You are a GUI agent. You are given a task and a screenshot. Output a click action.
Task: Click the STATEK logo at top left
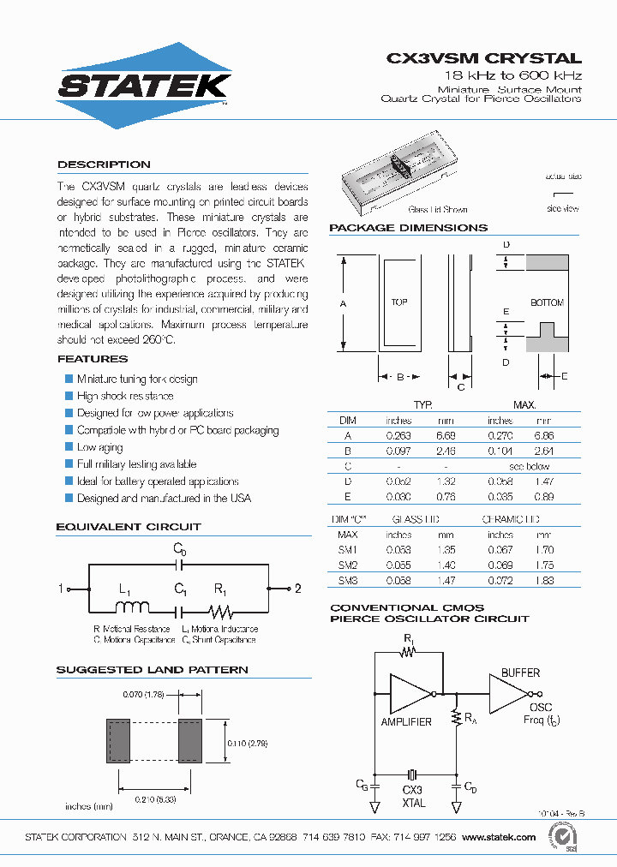coord(143,86)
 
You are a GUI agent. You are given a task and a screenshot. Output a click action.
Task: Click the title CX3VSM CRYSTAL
coord(484,59)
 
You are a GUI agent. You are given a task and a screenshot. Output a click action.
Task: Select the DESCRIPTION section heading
coord(104,164)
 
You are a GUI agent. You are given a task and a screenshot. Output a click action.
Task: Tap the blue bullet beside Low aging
coord(69,447)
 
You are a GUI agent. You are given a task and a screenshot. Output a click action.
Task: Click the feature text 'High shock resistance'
coord(125,396)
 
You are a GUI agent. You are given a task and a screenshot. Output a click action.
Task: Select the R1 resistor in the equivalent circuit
coord(222,611)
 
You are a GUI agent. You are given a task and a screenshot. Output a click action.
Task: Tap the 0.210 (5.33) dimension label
coord(157,798)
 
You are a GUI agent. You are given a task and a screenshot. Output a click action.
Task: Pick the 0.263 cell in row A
coord(399,435)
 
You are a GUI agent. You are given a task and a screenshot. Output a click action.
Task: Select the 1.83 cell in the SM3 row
coord(543,581)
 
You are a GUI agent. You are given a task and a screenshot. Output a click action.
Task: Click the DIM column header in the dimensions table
coord(347,421)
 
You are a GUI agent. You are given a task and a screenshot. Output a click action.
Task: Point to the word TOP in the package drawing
coord(399,302)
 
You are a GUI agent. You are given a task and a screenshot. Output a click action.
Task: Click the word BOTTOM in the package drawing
coord(547,302)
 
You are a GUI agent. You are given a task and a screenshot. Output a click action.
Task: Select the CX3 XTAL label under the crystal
coord(413,796)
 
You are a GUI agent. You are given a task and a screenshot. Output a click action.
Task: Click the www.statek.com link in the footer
coord(500,837)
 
